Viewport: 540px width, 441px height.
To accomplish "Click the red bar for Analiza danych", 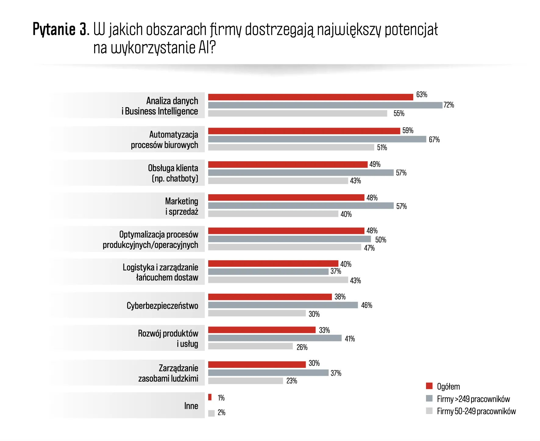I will click(310, 97).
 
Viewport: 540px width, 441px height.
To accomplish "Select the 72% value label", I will click(449, 105).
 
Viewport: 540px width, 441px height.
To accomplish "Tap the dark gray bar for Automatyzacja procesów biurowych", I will click(317, 139).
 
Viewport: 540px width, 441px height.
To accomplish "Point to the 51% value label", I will click(382, 148).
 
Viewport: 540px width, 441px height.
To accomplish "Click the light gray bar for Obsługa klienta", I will click(278, 181).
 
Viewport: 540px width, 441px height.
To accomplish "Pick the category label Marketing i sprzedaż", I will click(182, 206).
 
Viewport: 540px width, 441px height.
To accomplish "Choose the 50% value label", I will click(381, 240).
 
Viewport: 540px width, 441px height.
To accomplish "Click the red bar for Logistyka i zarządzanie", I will click(273, 263).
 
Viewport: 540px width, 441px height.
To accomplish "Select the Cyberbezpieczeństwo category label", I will click(162, 305).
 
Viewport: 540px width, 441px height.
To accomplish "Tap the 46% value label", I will click(367, 305).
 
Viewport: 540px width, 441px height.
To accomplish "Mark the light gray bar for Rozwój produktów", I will click(250, 346).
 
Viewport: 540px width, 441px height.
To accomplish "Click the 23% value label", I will click(292, 381).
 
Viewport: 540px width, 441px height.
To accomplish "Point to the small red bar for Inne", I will click(210, 397).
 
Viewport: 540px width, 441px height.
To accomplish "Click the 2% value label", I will click(222, 413).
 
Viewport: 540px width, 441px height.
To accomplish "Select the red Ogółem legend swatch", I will click(429, 386).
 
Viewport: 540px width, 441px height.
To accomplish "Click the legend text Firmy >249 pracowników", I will click(473, 399).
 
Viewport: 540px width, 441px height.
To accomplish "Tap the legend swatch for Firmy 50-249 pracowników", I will click(429, 411).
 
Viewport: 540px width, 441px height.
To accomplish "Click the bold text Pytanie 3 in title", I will click(60, 30).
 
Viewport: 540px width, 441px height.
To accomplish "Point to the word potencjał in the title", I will click(411, 30).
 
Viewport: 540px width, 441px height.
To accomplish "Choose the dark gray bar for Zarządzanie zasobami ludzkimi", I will click(268, 373).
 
